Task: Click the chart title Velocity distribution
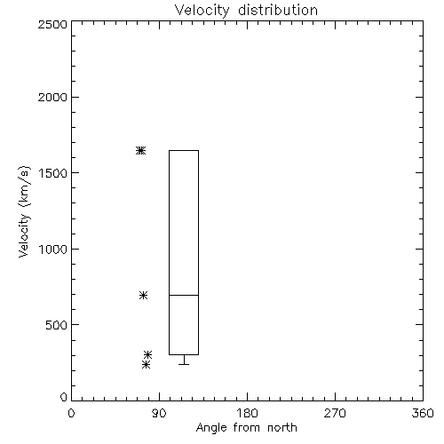[x=246, y=10]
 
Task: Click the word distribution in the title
[x=278, y=10]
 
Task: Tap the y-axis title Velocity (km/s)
[x=24, y=211]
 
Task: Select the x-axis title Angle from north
[x=246, y=428]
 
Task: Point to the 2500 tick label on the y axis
[x=52, y=24]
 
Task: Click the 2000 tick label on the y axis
[x=52, y=97]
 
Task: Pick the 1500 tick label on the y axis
[x=53, y=173]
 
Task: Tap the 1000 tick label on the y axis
[x=53, y=250]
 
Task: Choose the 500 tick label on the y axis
[x=57, y=325]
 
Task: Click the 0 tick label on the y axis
[x=64, y=397]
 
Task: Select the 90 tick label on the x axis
[x=159, y=413]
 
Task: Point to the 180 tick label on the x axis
[x=247, y=413]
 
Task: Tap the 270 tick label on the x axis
[x=335, y=413]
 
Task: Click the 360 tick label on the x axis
[x=423, y=413]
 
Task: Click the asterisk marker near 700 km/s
[x=143, y=295]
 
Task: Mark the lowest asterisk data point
[x=146, y=364]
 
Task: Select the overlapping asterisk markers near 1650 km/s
[x=141, y=150]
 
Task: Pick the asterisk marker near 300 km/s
[x=147, y=354]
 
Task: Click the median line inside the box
[x=184, y=295]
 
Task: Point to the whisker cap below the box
[x=184, y=364]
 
